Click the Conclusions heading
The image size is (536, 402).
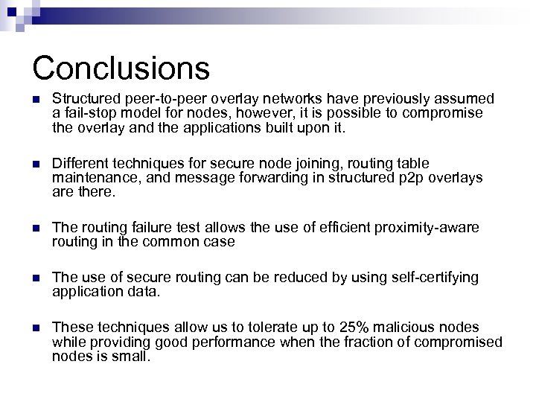121,67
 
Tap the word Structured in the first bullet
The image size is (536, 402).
80,99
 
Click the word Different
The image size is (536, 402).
75,163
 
